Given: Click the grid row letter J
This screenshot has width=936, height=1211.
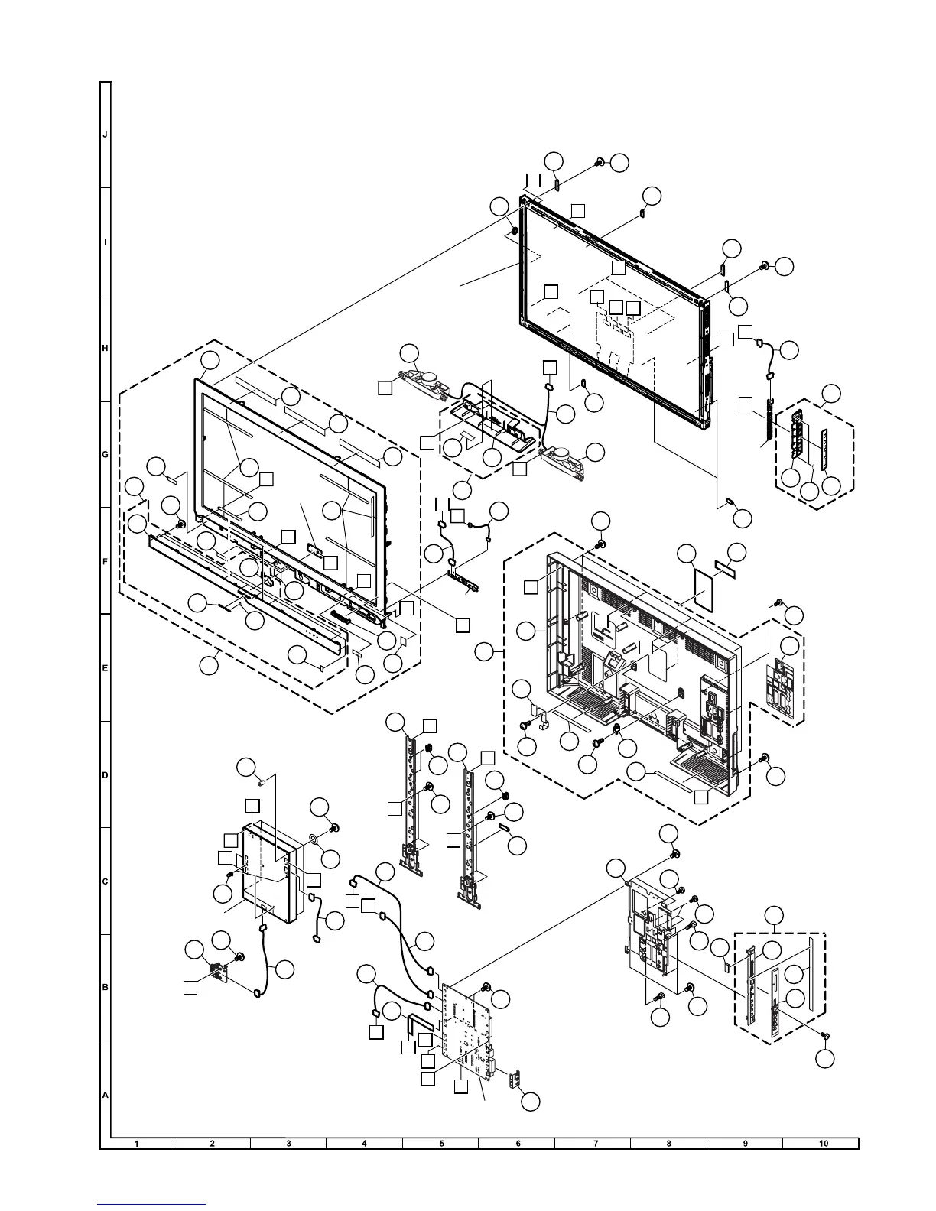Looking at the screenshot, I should pos(106,135).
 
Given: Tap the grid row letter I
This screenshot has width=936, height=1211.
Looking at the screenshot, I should pos(106,241).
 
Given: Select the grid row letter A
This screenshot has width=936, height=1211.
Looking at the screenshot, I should pos(106,1095).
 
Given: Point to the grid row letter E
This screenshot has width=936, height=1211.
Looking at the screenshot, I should pos(106,668).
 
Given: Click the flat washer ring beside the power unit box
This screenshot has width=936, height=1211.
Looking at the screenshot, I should pos(314,839).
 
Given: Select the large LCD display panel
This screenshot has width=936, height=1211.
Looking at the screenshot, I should pos(612,306).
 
